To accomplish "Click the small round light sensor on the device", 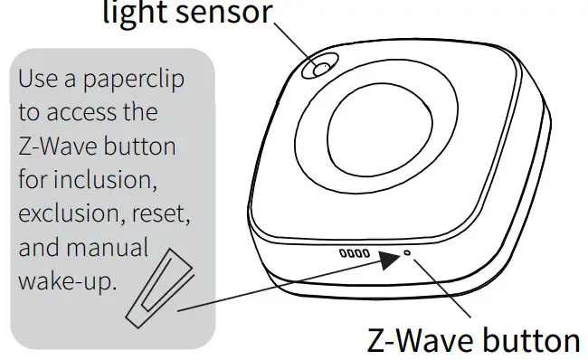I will [321, 68].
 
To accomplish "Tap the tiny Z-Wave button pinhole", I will [407, 254].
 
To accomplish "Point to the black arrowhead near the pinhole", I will [389, 259].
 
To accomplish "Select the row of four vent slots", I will [354, 254].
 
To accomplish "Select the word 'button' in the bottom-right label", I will [530, 339].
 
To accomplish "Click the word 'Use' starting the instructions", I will [35, 80].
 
